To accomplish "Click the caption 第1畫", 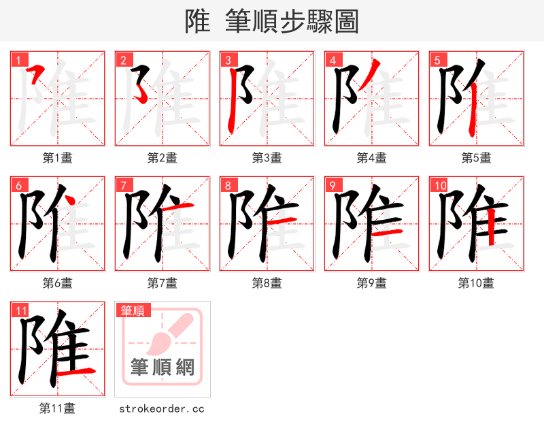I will [58, 158].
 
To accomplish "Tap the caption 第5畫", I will [476, 158].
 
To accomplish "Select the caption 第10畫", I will [476, 283].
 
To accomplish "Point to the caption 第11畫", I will [58, 408].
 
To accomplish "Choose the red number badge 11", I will [21, 310].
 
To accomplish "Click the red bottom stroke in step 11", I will [75, 371].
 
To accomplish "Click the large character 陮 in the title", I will [197, 21].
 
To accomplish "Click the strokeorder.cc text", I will [162, 409].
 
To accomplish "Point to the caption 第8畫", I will [267, 283].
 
